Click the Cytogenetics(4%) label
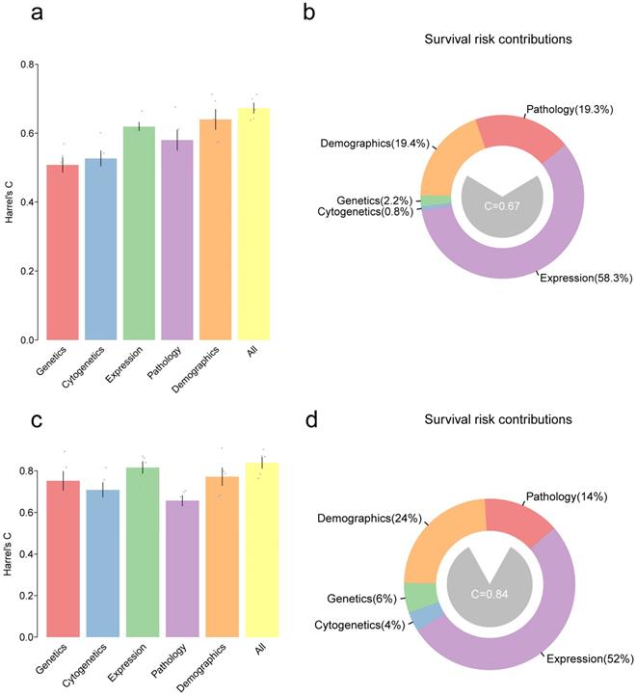coord(359,626)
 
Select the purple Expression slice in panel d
coord(540,617)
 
